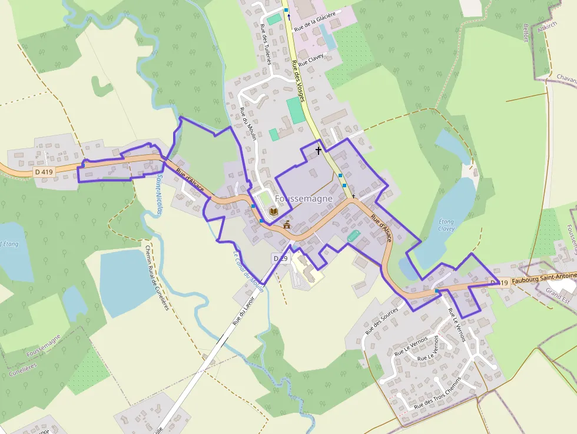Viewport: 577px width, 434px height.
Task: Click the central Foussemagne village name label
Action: tap(304, 199)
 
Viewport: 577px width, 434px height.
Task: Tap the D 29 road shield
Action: tap(280, 259)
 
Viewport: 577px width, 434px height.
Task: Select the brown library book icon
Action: tap(273, 211)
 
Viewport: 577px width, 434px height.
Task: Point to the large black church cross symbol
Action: tap(319, 150)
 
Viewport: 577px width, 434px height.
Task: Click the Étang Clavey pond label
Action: tap(447, 225)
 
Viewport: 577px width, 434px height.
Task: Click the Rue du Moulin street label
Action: tap(248, 124)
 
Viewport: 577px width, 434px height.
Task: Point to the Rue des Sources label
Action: tap(381, 320)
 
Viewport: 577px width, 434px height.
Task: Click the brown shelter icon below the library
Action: tap(287, 224)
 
